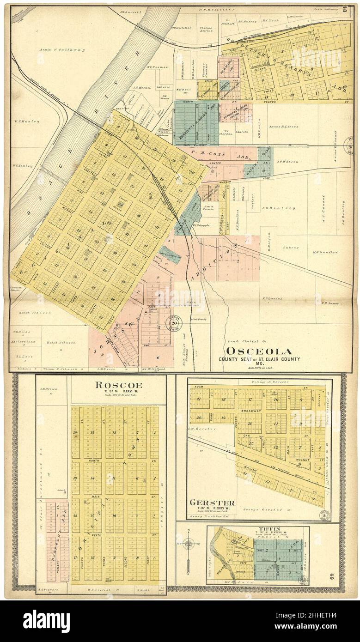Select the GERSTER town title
pyautogui.click(x=212, y=503)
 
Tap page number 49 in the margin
pyautogui.click(x=345, y=575)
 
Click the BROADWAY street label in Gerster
pyautogui.click(x=250, y=410)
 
